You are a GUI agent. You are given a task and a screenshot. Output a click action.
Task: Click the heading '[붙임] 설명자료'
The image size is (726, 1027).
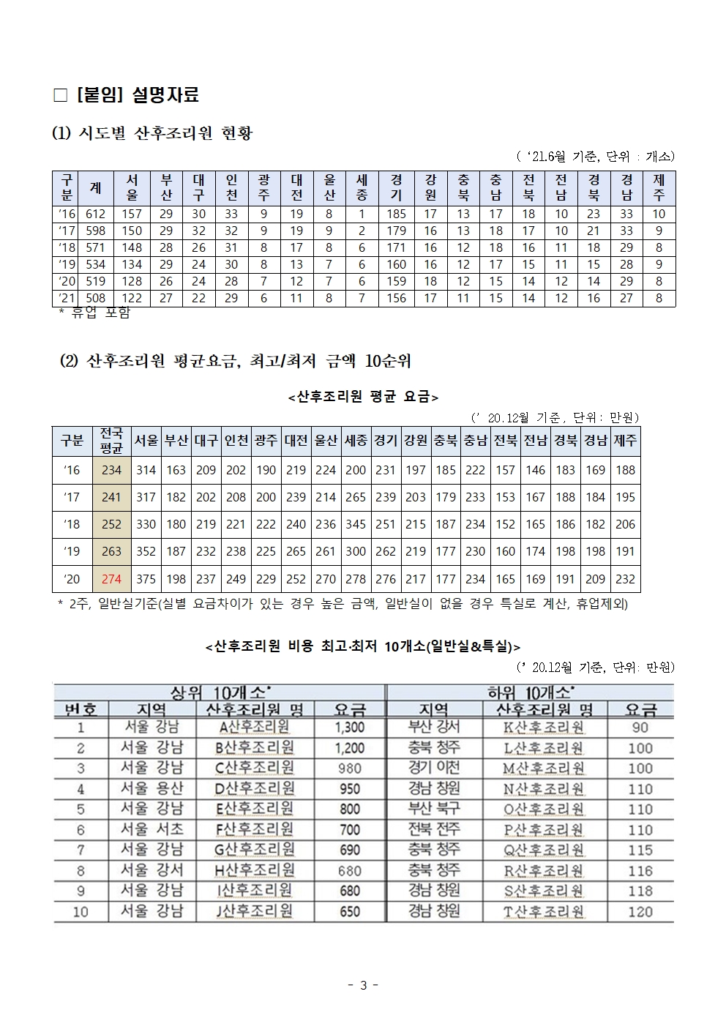136,95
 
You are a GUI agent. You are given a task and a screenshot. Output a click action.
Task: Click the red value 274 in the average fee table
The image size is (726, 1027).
111,578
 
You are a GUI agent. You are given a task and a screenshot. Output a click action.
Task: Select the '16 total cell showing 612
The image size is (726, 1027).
95,214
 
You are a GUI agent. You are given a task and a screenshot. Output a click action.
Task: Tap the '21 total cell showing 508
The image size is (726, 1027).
95,298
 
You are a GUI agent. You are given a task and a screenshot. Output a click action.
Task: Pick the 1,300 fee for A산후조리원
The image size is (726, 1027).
349,728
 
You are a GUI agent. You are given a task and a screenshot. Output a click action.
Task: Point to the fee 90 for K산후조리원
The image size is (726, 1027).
640,728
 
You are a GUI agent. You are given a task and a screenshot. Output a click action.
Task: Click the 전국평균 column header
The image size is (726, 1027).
111,441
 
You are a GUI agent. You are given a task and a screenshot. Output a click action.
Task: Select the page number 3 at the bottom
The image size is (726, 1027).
363,985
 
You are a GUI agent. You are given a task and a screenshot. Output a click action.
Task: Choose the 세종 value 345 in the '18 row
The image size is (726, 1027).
356,524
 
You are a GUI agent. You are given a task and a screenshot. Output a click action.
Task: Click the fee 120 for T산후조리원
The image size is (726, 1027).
640,911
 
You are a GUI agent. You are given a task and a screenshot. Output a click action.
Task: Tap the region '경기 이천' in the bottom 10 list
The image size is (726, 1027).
435,768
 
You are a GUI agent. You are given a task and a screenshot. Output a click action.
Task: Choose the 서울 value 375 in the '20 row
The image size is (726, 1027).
146,578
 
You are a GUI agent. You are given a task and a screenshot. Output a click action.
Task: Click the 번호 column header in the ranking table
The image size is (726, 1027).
81,709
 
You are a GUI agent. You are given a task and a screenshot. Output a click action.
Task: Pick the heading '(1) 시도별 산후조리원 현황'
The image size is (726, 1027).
152,134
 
